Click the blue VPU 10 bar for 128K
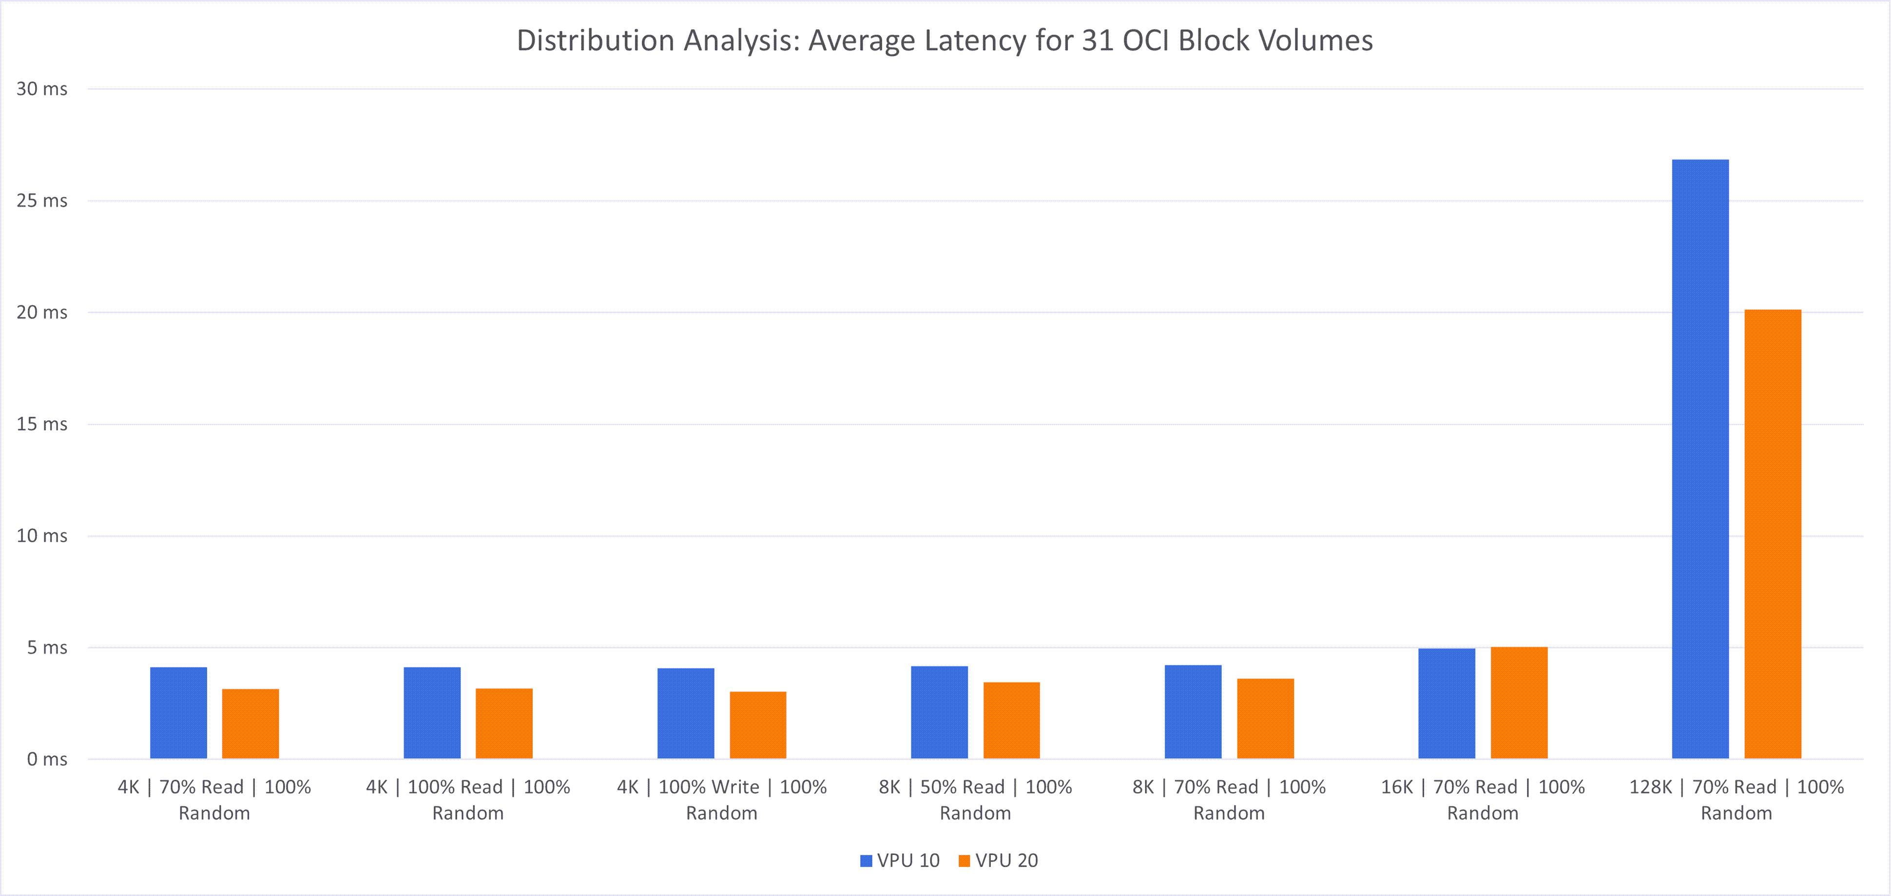[x=1700, y=459]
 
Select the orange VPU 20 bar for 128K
[x=1772, y=534]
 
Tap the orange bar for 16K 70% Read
[x=1519, y=703]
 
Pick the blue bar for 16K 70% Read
[x=1446, y=703]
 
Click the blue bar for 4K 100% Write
[x=686, y=713]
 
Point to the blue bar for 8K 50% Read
[x=939, y=713]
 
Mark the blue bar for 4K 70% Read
[x=178, y=713]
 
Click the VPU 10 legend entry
[x=900, y=861]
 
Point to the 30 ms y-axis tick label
[x=42, y=89]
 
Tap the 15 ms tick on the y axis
[x=42, y=424]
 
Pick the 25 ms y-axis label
[x=42, y=200]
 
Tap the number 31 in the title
[x=1098, y=40]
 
